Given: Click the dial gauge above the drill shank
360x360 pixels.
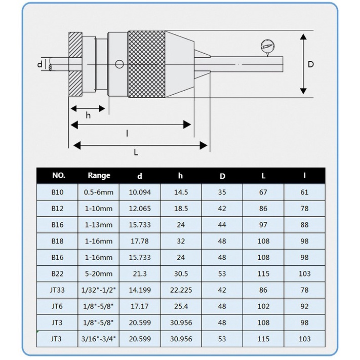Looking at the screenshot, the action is click(x=267, y=47).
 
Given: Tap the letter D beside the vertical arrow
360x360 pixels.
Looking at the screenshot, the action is click(x=310, y=64).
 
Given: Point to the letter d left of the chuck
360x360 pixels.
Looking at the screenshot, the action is click(x=39, y=64).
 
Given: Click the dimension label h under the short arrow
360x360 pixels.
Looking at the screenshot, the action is click(x=88, y=115).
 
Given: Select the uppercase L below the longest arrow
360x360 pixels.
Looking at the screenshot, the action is click(x=136, y=152).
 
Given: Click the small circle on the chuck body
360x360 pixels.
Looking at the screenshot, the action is click(x=119, y=64).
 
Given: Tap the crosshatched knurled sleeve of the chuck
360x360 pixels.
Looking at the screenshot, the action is click(x=146, y=64).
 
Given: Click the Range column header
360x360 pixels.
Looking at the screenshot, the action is click(x=99, y=176).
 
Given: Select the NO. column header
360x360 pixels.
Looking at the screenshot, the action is click(x=59, y=176).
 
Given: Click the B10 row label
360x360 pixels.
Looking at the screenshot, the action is click(x=57, y=192).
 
